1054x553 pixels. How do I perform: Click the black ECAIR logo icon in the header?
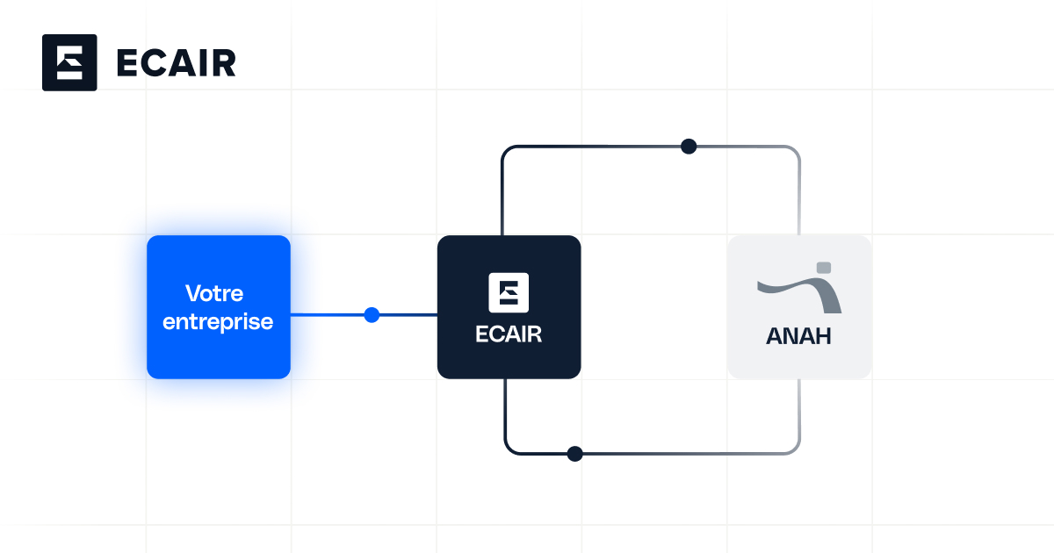coord(69,62)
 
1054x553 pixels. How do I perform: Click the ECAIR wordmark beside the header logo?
coord(176,63)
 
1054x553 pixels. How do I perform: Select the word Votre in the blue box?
coord(214,293)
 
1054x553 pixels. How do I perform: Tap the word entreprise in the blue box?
coord(218,322)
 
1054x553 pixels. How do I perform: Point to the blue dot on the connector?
coord(372,314)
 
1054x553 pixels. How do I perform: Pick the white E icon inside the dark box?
coord(509,292)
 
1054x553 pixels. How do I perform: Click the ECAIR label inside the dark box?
coord(509,334)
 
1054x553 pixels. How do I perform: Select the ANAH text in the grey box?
coord(798,336)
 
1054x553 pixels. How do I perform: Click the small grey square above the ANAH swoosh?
coord(823,267)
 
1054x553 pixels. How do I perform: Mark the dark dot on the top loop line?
coord(689,147)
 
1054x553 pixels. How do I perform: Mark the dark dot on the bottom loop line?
coord(574,454)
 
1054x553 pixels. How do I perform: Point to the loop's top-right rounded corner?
coord(794,152)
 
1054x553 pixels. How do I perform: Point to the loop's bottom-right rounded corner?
coord(794,449)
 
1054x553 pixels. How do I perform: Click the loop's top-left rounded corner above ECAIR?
coord(507,152)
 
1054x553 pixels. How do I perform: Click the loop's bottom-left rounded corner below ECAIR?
coord(509,449)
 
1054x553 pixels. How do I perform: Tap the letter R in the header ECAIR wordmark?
coord(223,63)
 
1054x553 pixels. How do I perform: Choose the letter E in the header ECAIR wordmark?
coord(128,63)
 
